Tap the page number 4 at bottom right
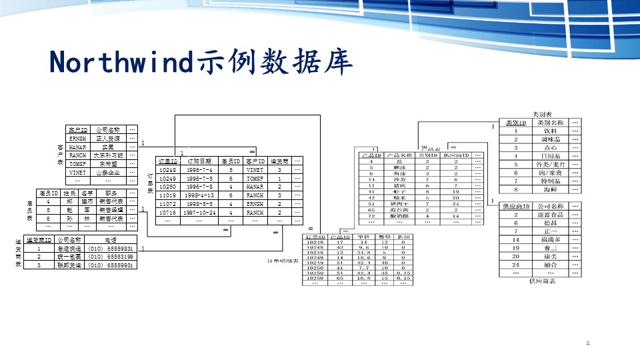pos(588,343)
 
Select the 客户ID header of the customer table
pos(77,130)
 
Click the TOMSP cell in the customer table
pos(77,163)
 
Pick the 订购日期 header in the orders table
pos(199,161)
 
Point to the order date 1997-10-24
pos(199,213)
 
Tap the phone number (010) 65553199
pos(111,257)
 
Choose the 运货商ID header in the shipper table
pos(39,239)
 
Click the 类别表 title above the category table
pos(541,115)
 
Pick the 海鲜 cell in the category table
pos(550,190)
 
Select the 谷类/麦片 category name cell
pos(550,165)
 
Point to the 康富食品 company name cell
pos(550,215)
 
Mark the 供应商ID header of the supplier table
pos(516,207)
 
